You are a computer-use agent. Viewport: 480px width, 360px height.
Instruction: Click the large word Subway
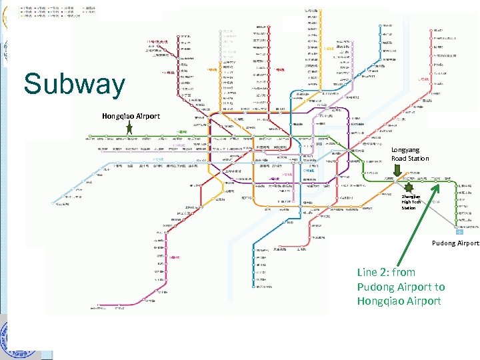pyautogui.click(x=74, y=85)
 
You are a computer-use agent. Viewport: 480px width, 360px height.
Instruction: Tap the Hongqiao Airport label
pyautogui.click(x=131, y=116)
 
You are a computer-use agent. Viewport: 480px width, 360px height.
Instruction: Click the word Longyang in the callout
pyautogui.click(x=405, y=151)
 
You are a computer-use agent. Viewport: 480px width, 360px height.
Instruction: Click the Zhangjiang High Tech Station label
pyautogui.click(x=410, y=202)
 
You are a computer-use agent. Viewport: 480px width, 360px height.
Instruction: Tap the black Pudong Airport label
pyautogui.click(x=455, y=243)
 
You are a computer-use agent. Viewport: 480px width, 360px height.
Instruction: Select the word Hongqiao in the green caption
pyautogui.click(x=384, y=301)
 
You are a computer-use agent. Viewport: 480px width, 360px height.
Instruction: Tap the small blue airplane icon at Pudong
pyautogui.click(x=459, y=233)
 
